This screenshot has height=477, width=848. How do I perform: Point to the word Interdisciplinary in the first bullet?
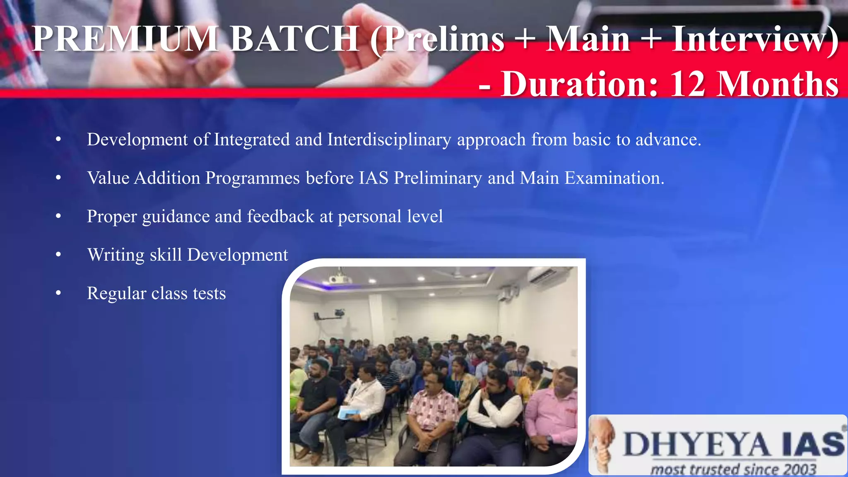coord(389,140)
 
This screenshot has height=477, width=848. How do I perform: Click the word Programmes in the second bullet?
coord(253,178)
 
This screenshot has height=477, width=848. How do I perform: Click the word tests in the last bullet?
coord(209,294)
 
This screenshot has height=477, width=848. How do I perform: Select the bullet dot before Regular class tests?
coord(58,293)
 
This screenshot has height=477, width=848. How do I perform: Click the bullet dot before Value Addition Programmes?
coord(58,178)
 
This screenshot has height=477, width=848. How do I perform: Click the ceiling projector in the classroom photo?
coord(340,279)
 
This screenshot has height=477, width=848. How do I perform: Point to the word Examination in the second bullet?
coord(614,178)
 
